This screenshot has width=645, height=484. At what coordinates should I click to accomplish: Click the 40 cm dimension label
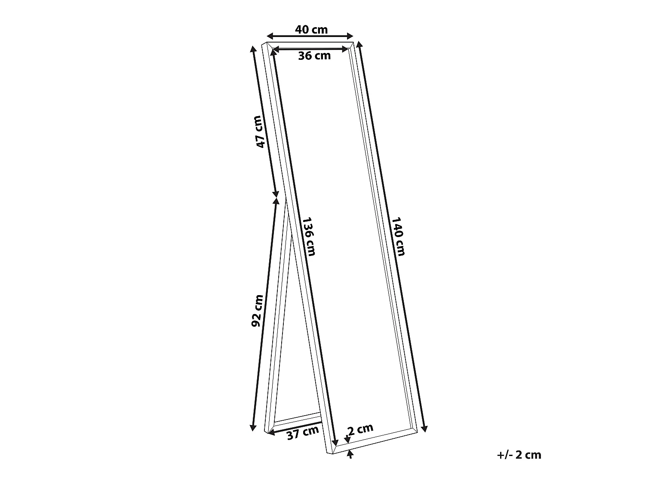pyautogui.click(x=311, y=29)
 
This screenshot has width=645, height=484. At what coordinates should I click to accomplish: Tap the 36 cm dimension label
pyautogui.click(x=314, y=55)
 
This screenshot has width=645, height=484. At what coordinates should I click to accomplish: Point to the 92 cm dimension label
pyautogui.click(x=257, y=310)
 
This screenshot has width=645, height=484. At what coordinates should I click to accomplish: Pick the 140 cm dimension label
pyautogui.click(x=398, y=236)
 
